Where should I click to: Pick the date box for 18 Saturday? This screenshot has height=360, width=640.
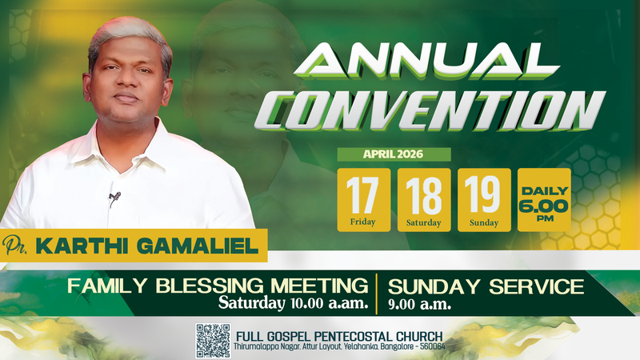tap(424, 199)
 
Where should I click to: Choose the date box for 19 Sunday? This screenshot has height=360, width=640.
tap(484, 199)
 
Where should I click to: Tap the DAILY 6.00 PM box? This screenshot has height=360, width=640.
tap(544, 199)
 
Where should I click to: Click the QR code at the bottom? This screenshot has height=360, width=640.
tap(213, 340)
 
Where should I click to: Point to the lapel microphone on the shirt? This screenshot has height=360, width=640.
tap(114, 196)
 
